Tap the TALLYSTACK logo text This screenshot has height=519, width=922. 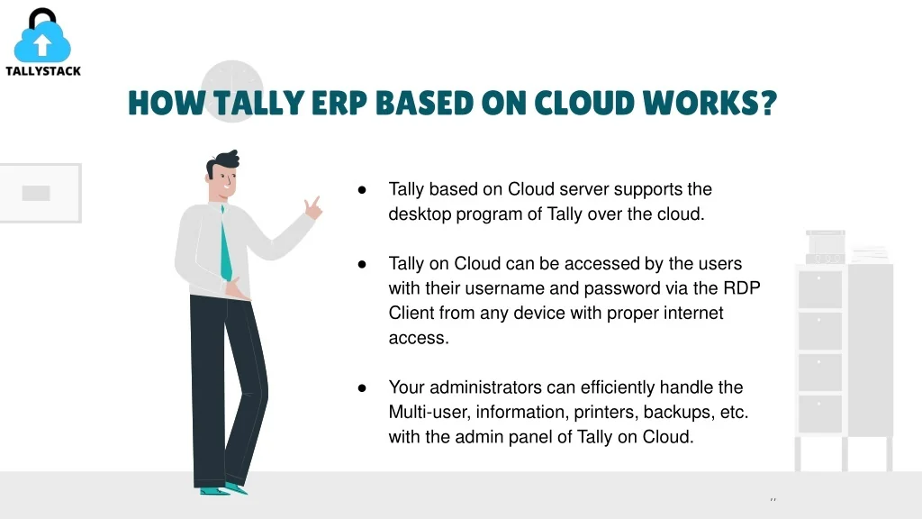[43, 71]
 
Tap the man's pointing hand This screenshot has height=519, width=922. [312, 207]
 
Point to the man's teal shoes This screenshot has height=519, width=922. [223, 489]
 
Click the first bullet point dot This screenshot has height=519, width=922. [362, 189]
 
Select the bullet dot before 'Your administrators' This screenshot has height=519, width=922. [362, 387]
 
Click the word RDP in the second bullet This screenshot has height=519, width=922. [742, 287]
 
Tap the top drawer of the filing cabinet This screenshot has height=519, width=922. [820, 289]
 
